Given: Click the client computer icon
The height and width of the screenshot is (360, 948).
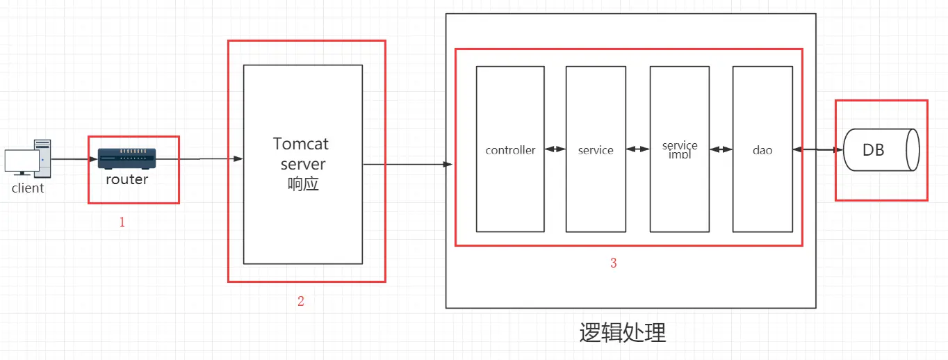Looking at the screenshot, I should coord(28,157).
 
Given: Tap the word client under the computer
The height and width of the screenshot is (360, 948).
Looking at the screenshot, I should coord(28,188).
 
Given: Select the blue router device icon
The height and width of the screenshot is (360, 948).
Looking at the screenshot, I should coord(126,158).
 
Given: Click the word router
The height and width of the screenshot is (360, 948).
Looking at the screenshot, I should coord(126,179).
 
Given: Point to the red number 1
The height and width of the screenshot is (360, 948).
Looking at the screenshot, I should coord(122,222).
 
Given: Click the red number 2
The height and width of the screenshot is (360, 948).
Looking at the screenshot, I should coord(300,301).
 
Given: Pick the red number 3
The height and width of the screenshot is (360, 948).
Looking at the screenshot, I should coord(613,263).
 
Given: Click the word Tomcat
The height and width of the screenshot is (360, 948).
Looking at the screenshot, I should coord(301,144).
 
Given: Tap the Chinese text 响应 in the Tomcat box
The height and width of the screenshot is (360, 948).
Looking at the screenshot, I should coord(303,184).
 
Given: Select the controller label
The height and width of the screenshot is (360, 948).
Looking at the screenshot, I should coord(510,150).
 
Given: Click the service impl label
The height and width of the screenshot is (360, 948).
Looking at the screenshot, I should coord(680,149).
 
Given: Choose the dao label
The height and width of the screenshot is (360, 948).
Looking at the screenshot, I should coord(762,150).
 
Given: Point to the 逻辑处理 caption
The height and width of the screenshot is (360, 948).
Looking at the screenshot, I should coord(623,333).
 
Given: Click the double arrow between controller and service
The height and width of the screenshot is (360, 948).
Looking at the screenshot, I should coord(555,149).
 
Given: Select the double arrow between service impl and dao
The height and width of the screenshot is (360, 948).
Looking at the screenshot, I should coord(721,149).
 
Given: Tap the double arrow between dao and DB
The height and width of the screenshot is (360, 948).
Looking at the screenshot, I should coord(818,149).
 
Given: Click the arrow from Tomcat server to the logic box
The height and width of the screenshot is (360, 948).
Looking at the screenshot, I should coord(407,165).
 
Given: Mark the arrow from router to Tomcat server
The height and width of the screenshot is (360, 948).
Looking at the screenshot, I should coord(202,159).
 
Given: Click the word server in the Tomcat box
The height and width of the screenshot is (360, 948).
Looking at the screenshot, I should coord(303,164).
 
